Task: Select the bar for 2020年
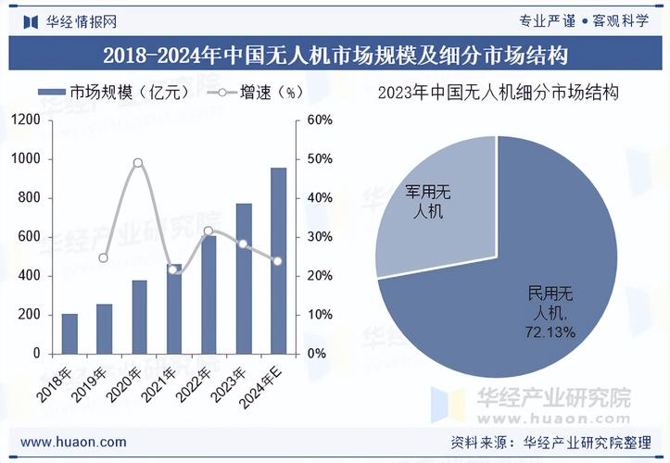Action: point(139,317)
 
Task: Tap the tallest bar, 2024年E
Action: point(278,260)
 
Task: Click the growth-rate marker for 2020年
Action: point(138,163)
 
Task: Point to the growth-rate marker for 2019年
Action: point(104,257)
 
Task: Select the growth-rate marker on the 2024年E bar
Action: point(277,261)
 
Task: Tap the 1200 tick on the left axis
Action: point(26,120)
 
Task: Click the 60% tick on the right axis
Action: point(319,120)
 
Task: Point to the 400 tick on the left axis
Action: point(30,276)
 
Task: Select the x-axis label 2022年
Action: point(195,382)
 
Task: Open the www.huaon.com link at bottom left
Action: point(73,442)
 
